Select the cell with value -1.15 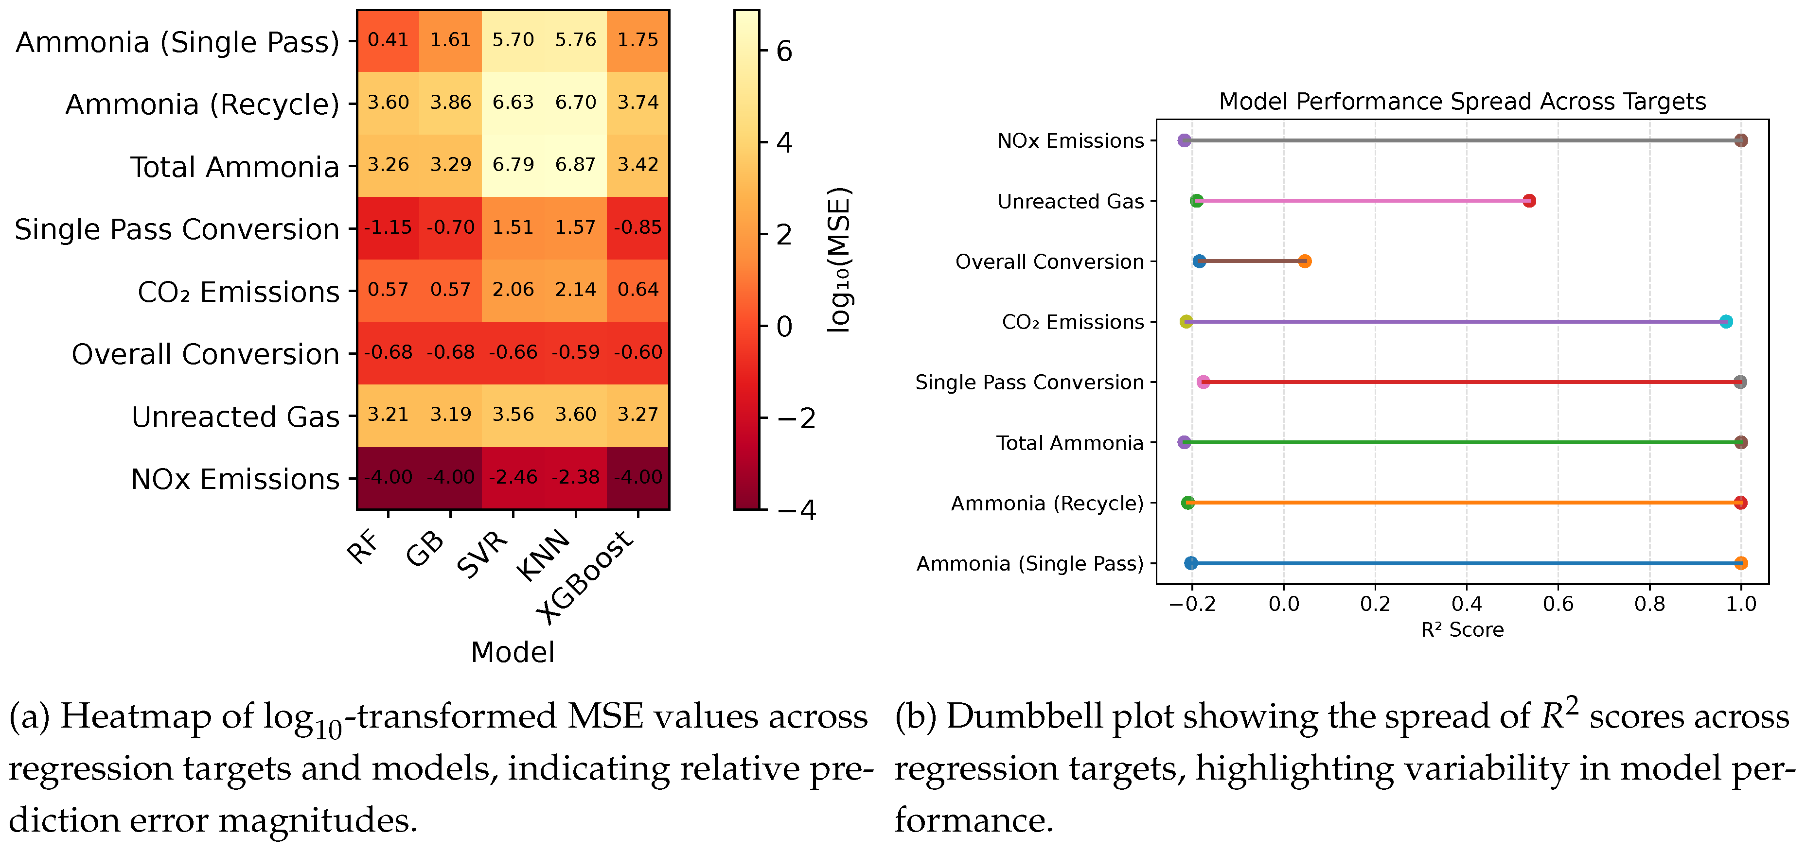tap(388, 227)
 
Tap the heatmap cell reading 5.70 tap(513, 39)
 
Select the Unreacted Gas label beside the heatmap tap(235, 417)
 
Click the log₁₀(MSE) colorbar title tap(839, 260)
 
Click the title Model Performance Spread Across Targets tap(1462, 102)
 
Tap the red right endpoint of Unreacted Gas tap(1529, 201)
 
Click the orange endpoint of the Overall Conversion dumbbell tap(1305, 261)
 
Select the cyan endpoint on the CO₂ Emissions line tap(1725, 322)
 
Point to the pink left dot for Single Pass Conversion tap(1203, 382)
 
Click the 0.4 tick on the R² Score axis tap(1466, 604)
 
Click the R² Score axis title tap(1462, 630)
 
